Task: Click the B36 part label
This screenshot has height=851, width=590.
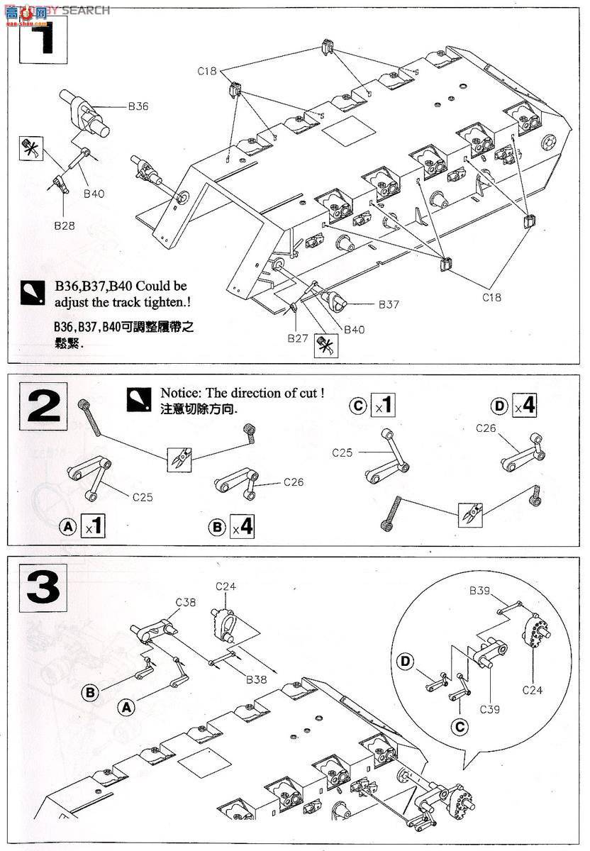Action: coord(138,106)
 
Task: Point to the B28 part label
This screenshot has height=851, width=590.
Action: coord(65,226)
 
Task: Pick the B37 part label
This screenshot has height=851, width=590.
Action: coord(388,304)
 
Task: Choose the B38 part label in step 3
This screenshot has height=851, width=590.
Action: coord(257,679)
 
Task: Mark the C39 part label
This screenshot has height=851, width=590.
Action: coord(490,709)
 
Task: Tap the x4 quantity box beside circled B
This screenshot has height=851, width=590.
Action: coord(242,527)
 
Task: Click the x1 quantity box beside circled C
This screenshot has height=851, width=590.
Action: coord(383,407)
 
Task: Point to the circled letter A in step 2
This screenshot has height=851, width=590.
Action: coord(68,527)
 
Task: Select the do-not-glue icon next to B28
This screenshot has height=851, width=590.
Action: coord(31,150)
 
